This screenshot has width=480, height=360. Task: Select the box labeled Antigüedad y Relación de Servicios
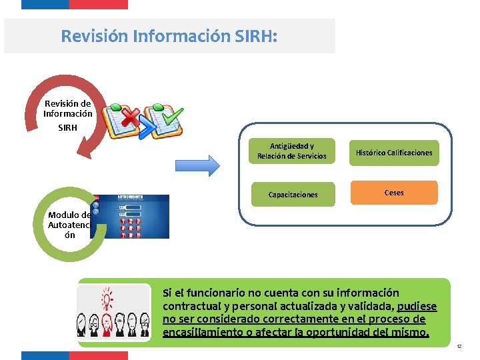point(292,151)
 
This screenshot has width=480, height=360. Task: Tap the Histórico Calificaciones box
point(393,153)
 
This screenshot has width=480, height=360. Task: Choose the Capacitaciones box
point(293,195)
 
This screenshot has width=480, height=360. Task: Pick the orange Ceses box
point(394,193)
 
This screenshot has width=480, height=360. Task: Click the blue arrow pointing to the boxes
point(197,165)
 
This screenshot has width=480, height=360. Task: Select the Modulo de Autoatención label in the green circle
point(69,225)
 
